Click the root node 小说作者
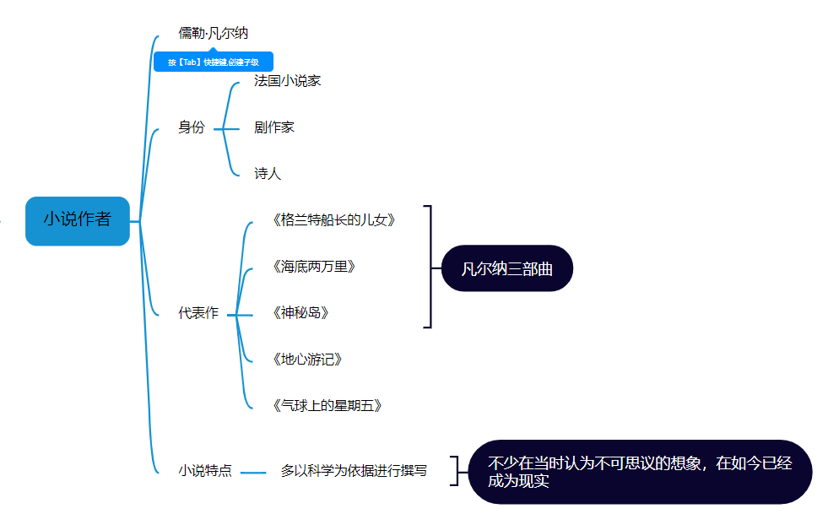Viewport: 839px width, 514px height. point(78,220)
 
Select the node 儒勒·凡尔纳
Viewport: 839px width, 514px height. point(213,34)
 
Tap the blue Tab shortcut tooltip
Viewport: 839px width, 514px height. point(212,62)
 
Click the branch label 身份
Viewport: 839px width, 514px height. point(192,127)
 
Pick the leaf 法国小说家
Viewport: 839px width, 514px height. point(287,81)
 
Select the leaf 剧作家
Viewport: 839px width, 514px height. point(274,127)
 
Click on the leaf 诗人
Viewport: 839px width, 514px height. point(268,174)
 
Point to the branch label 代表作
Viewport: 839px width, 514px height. point(198,313)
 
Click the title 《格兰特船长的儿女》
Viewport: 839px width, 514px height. point(333,220)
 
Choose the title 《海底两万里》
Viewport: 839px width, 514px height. point(314,267)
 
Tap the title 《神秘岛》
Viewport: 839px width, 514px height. point(300,313)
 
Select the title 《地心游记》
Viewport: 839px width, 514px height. point(307,360)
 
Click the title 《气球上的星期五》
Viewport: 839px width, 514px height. point(327,406)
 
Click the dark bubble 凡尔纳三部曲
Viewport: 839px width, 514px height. point(507,268)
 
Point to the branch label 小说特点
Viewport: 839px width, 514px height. point(205,471)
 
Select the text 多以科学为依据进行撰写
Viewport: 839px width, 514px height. point(354,471)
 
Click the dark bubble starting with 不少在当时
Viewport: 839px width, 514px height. point(640,472)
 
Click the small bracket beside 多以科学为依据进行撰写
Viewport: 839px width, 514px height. point(455,471)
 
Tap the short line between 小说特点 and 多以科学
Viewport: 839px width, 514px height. point(253,473)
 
